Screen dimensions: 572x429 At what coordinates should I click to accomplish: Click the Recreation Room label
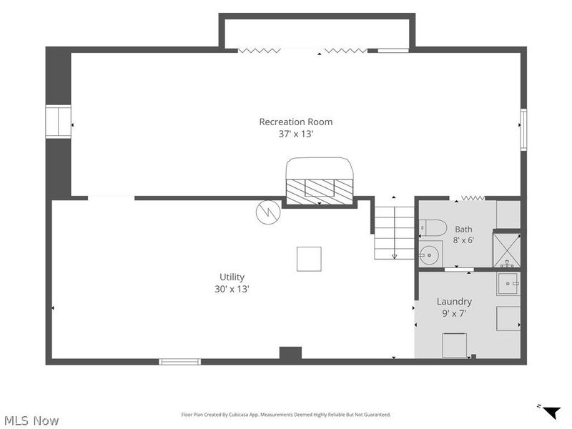coord(296,122)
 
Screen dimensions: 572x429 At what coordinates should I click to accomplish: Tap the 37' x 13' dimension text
coord(296,134)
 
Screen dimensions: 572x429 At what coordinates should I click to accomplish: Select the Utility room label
coord(232,277)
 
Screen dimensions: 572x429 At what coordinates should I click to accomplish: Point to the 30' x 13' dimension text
coord(232,289)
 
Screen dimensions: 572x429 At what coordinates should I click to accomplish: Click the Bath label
coord(463,230)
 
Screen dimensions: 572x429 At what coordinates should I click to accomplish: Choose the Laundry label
coord(454,302)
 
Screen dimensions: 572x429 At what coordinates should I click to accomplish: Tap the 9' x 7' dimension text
coord(454,313)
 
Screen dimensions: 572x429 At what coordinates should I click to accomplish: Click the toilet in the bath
coord(433,228)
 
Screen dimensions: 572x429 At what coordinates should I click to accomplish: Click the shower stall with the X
coord(507,250)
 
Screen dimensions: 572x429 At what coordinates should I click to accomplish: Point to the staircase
coord(395,233)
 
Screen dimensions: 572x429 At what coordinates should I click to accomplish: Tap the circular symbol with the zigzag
coord(268,212)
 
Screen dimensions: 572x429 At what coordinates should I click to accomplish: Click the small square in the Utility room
coord(309,259)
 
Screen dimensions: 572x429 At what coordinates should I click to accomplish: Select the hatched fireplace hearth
coord(320,192)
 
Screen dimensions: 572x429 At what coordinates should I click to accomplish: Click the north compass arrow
coord(551,413)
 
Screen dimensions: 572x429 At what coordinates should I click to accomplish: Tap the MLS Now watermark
coord(31,420)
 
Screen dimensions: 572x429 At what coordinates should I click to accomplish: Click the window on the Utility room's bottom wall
coord(180,362)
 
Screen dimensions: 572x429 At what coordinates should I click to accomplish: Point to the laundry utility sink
coord(508,284)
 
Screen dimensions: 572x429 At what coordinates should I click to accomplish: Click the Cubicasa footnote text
coord(286,415)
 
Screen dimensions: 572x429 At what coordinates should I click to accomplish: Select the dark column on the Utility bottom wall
coord(290,352)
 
